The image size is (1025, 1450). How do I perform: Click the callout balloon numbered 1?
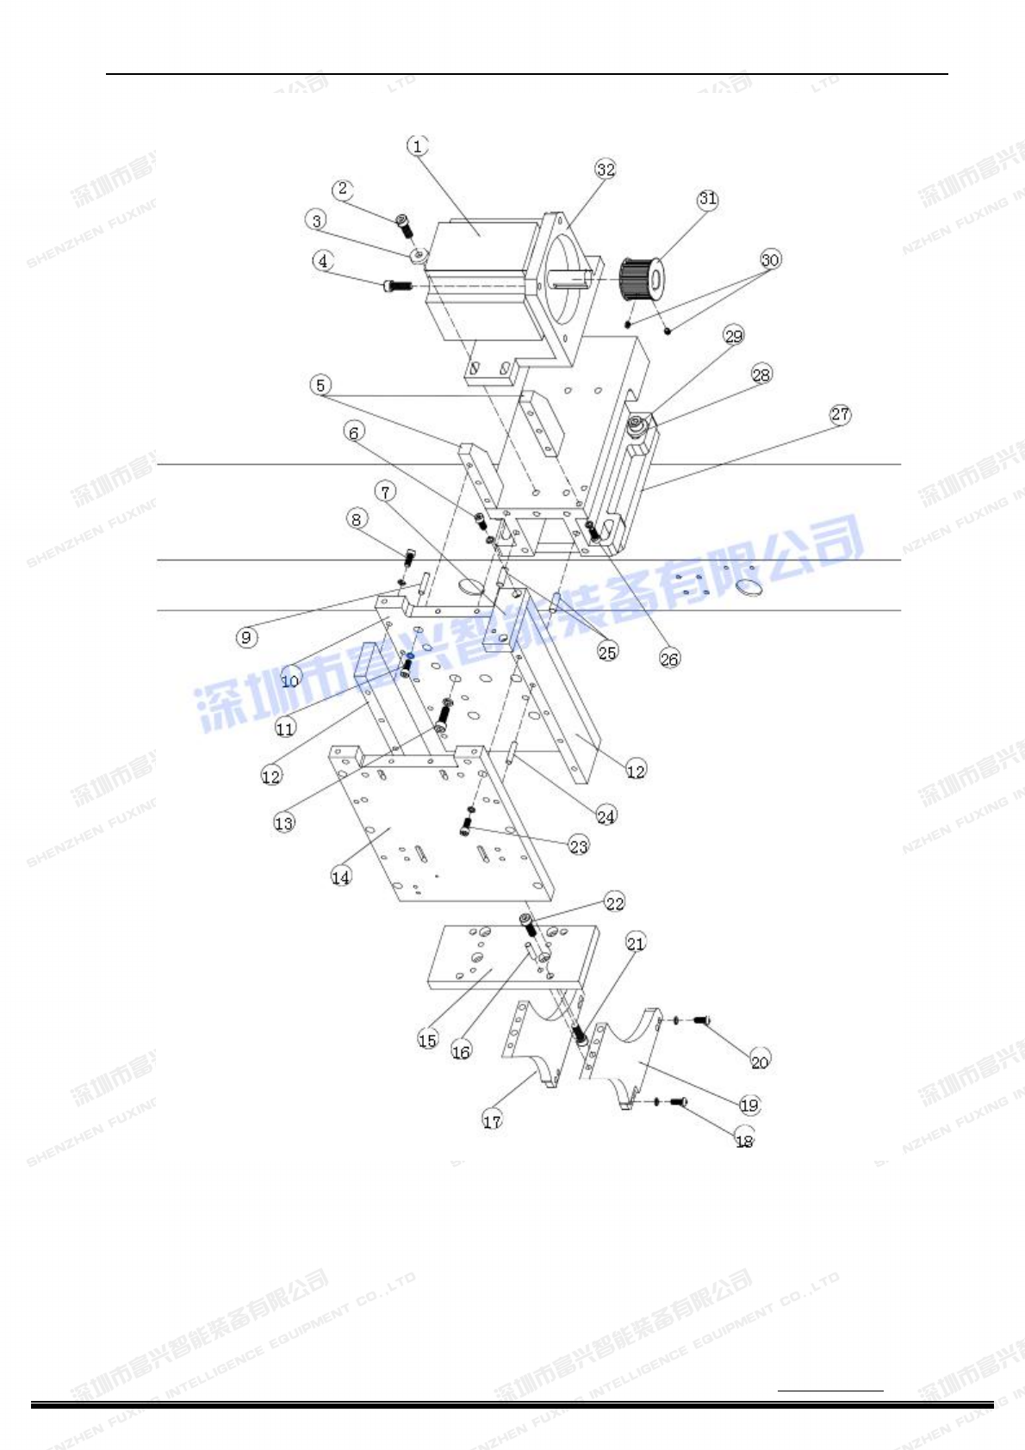pos(418,146)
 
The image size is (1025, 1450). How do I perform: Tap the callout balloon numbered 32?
pos(606,169)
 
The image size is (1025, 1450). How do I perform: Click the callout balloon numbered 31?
pos(707,199)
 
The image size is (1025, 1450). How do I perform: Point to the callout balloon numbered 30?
pos(770,259)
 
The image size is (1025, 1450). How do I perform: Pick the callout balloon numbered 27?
pos(840,414)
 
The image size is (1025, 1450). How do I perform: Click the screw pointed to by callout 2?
pos(404,226)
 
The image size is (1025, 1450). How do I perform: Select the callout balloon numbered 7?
pos(385,492)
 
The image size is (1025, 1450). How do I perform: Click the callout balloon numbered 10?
pos(290,680)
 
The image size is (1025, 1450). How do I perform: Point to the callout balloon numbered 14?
pos(341,877)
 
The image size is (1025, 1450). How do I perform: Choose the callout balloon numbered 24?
pos(606,815)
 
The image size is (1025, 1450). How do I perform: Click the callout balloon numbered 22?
pos(614,902)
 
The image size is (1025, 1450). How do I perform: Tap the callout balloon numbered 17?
pos(492,1120)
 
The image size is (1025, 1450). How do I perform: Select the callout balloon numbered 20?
pos(759,1062)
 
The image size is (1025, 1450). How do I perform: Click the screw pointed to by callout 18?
pos(679,1101)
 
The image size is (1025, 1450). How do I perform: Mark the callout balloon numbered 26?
pos(669,659)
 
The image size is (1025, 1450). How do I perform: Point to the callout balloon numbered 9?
pos(247,637)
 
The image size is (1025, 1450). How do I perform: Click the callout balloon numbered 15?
pos(427,1039)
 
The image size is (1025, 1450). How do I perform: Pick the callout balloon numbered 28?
pos(761,374)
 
